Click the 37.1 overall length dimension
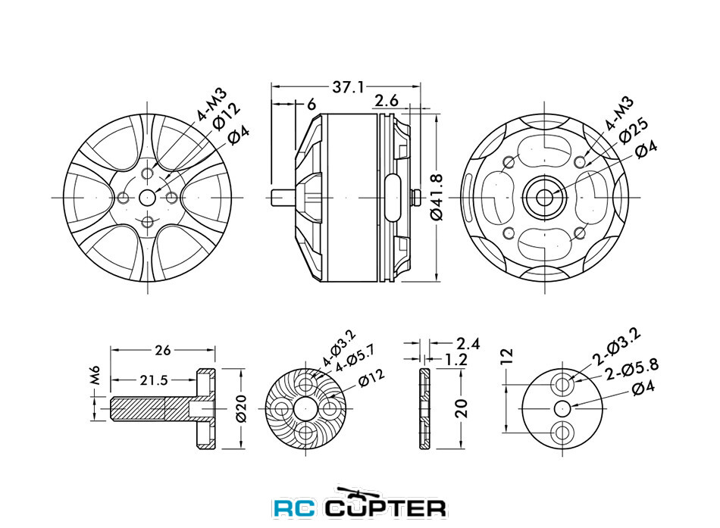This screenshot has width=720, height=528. (347, 87)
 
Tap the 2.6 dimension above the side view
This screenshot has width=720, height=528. (387, 101)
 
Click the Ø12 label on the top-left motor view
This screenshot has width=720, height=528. (226, 116)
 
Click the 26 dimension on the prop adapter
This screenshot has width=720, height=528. (162, 350)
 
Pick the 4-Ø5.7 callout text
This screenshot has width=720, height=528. (354, 358)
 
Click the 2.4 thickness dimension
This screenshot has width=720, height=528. (468, 343)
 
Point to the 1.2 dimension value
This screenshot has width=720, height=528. (456, 359)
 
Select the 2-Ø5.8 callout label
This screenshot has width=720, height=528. (632, 369)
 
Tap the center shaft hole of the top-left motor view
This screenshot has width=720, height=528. (147, 198)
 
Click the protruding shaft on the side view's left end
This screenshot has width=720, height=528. (283, 198)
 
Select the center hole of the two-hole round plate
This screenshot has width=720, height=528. (562, 408)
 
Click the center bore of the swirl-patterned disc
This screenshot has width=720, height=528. (305, 408)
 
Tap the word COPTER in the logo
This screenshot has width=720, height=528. (386, 507)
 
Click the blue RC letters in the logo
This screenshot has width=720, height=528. (295, 508)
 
